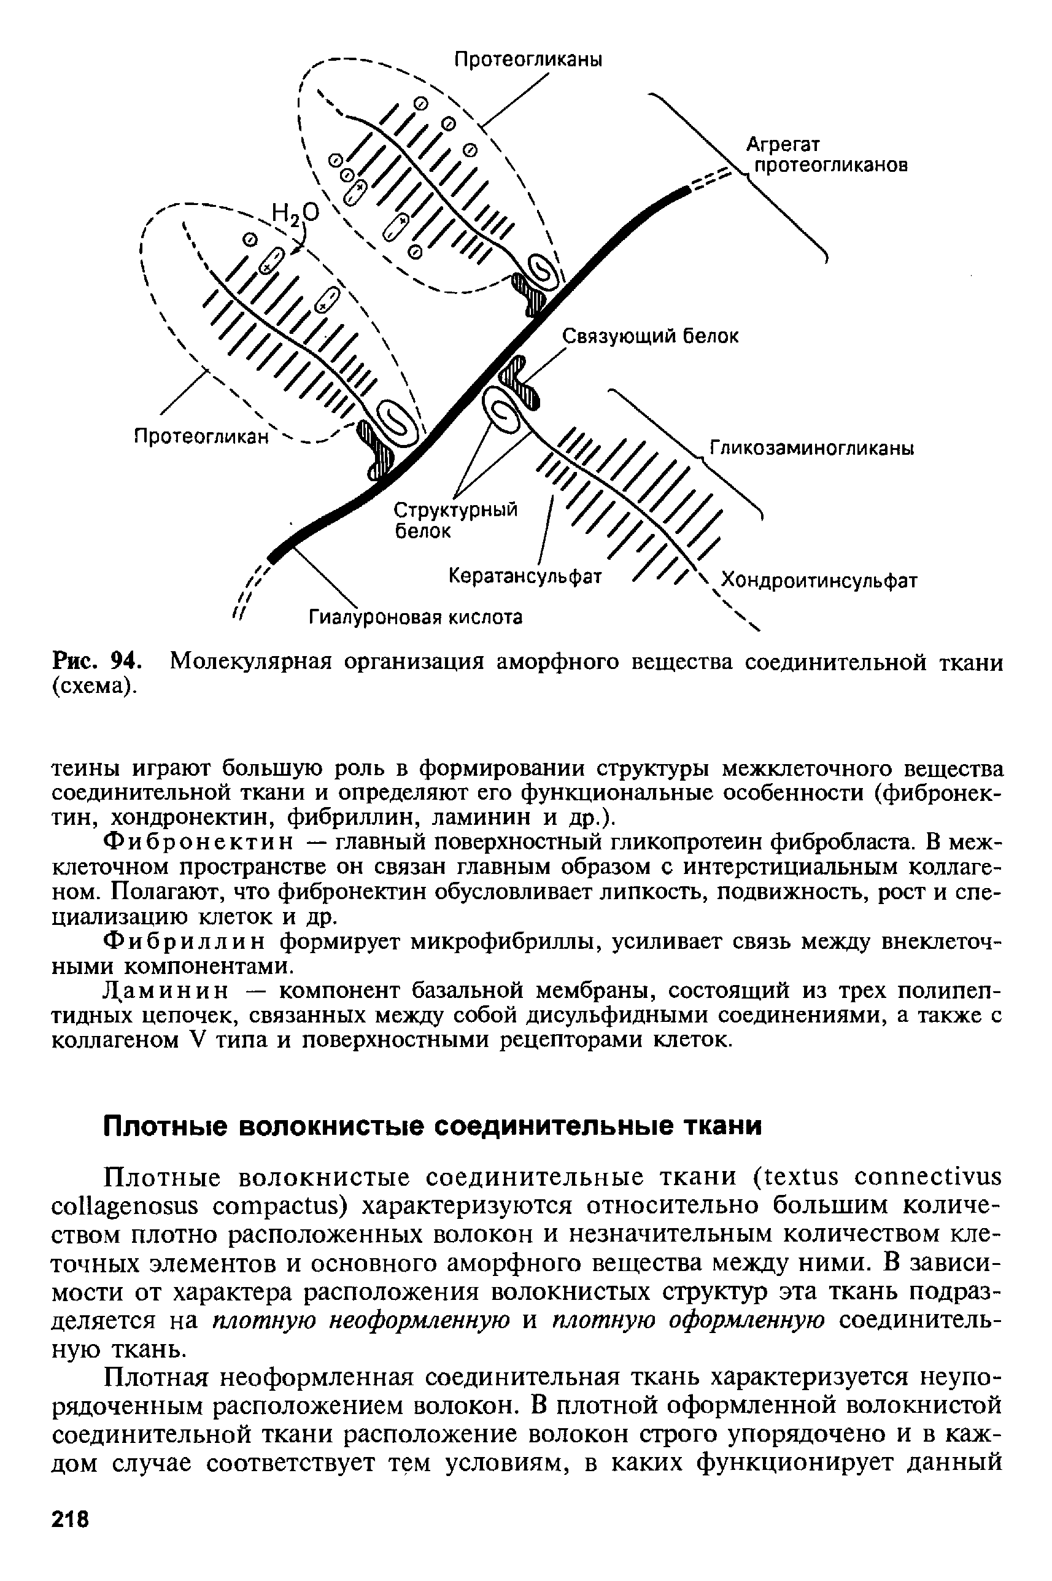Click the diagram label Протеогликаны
[x=528, y=60]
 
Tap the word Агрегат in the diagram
[x=784, y=145]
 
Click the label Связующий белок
[x=649, y=336]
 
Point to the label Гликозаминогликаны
[x=812, y=448]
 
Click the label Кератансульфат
[x=525, y=576]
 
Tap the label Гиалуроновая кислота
[x=416, y=616]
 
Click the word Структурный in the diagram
[x=455, y=511]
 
